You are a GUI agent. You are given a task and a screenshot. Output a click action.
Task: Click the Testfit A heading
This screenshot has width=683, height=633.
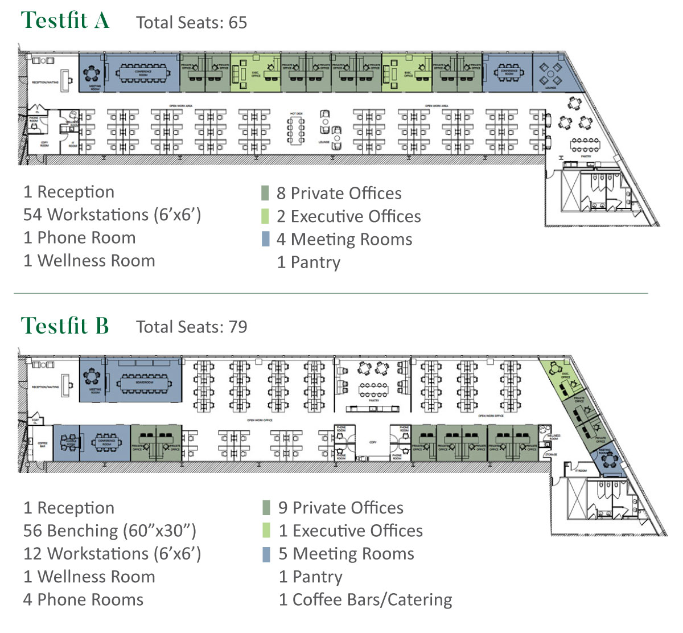[65, 21]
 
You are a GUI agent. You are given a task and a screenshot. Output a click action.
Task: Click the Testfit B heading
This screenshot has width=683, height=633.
[65, 326]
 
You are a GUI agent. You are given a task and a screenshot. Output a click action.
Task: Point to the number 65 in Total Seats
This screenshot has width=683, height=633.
[238, 23]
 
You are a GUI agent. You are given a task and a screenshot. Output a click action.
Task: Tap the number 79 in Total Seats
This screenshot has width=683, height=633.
[238, 327]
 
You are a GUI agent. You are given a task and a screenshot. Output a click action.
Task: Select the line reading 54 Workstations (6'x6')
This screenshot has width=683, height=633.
[112, 215]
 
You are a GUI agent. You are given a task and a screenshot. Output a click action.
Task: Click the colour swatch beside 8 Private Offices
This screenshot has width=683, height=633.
[265, 194]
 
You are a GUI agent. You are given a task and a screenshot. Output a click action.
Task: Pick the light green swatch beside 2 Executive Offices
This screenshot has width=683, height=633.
[265, 216]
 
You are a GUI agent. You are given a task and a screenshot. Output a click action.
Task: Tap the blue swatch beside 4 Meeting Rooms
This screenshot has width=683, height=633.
[265, 239]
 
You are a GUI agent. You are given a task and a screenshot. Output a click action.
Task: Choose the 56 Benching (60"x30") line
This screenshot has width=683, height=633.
[110, 531]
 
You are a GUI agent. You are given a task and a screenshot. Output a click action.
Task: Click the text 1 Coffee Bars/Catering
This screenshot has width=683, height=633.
[365, 600]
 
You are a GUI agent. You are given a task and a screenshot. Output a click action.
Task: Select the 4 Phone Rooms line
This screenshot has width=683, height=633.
[83, 600]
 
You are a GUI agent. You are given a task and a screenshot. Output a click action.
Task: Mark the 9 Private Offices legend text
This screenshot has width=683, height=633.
[340, 508]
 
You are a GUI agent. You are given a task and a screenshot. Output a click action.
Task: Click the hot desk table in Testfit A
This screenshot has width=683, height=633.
[296, 130]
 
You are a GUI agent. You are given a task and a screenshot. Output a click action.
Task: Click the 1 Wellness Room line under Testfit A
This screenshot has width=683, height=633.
[89, 261]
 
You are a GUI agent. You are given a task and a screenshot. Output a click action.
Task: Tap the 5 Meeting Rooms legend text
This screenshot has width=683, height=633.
[346, 554]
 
